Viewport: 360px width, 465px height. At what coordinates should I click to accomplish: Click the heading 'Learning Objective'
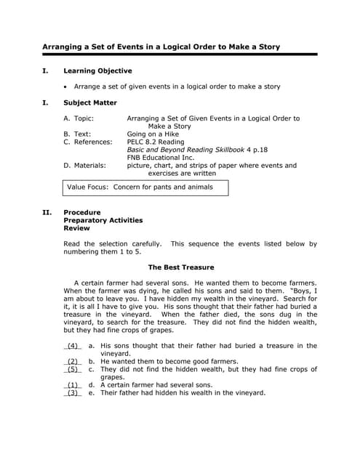pyautogui.click(x=97, y=71)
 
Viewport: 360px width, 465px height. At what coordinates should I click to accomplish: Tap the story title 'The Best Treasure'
pyautogui.click(x=181, y=267)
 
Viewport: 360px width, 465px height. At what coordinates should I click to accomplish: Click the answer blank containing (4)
pyautogui.click(x=73, y=347)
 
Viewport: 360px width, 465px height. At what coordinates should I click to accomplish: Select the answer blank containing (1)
pyautogui.click(x=73, y=385)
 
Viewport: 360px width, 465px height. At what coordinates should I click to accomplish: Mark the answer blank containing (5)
pyautogui.click(x=73, y=370)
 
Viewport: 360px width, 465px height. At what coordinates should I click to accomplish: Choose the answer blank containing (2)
pyautogui.click(x=73, y=362)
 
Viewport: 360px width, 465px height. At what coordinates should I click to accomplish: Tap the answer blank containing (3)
pyautogui.click(x=73, y=393)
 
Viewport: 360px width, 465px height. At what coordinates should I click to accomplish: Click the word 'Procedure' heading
pyautogui.click(x=82, y=213)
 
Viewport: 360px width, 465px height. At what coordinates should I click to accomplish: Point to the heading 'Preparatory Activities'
pyautogui.click(x=103, y=220)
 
